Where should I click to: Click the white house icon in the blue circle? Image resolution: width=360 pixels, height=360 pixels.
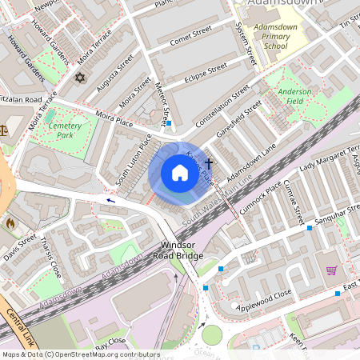(180, 173)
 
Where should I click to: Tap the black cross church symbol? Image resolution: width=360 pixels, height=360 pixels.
(209, 163)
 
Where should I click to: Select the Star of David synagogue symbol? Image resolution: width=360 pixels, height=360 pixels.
(78, 78)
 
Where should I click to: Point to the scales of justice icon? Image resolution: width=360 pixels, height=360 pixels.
(3, 129)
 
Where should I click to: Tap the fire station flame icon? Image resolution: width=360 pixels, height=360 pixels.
(10, 223)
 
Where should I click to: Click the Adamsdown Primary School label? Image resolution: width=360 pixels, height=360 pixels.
(275, 37)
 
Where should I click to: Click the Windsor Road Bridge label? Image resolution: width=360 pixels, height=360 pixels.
(178, 250)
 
